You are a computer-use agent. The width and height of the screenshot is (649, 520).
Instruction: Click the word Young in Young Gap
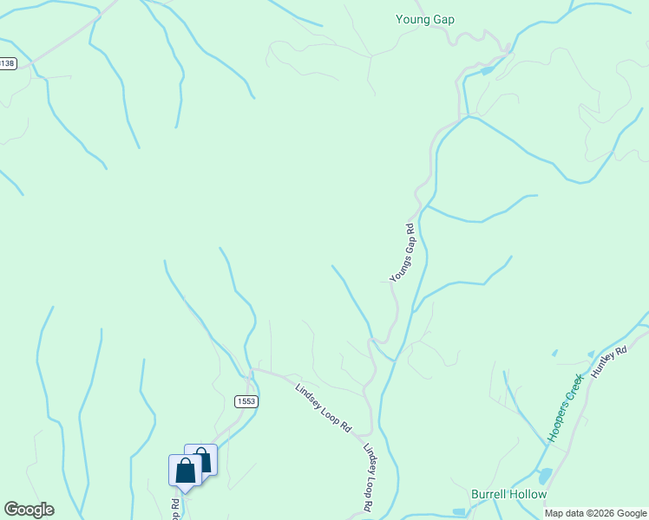coord(413,20)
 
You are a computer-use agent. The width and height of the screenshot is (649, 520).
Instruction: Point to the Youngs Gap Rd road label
coord(403,252)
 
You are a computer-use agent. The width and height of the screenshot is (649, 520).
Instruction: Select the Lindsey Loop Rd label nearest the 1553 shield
coord(322,409)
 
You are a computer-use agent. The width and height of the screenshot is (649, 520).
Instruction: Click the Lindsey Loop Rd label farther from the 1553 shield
coord(370,478)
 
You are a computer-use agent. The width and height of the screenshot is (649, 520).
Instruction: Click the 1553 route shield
coord(246,400)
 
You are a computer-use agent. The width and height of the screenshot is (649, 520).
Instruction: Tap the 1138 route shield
coord(7,64)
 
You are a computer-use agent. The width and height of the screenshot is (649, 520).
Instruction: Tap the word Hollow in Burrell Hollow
coord(530,495)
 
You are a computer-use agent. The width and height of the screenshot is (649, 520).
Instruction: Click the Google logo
coord(29,510)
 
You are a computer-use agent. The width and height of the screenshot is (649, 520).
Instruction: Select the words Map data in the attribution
coord(563,513)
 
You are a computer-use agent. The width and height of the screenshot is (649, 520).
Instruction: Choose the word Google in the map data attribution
coord(632,513)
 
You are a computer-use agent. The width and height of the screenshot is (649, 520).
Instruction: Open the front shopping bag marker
coord(185,471)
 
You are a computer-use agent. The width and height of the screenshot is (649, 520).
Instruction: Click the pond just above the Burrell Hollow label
coord(544,476)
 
